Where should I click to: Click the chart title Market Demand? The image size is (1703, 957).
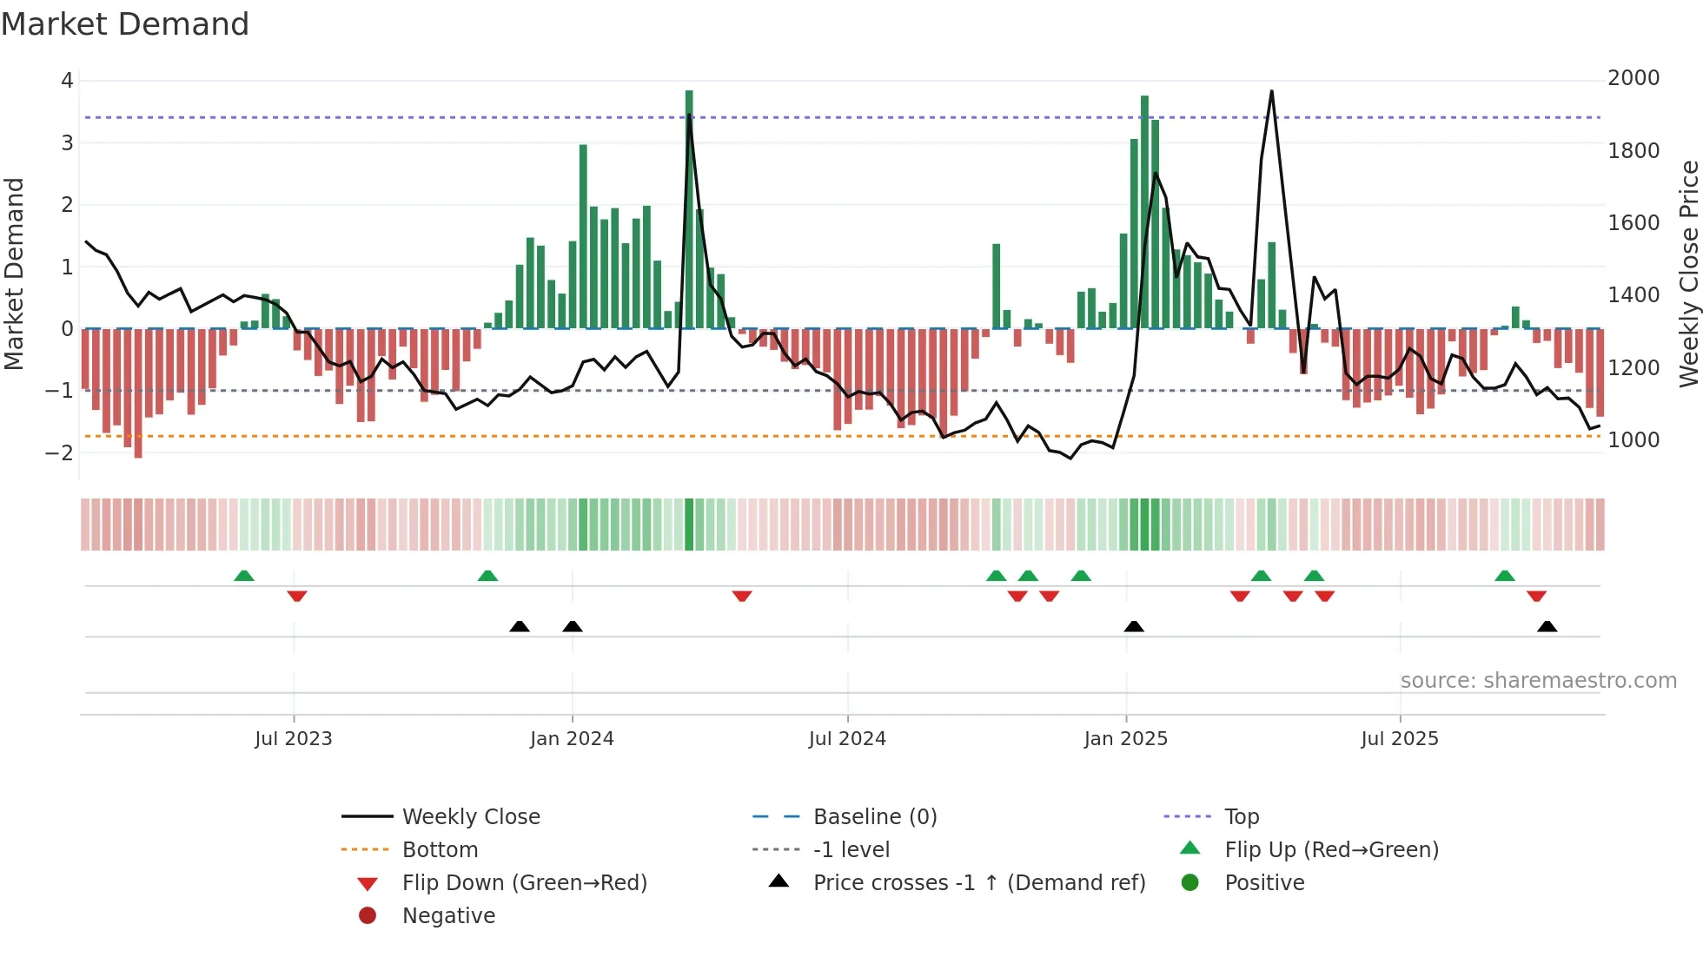pos(125,24)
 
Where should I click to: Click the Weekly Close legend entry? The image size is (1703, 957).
pos(470,817)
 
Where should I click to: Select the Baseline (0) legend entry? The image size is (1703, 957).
pos(874,817)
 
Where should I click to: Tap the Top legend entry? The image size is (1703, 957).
pos(1241,817)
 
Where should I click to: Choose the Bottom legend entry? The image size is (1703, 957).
pos(440,850)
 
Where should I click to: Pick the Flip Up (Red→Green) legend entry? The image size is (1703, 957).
pos(1331,850)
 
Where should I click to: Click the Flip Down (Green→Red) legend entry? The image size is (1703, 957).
pos(524,883)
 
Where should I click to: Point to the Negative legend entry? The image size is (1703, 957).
pos(448,916)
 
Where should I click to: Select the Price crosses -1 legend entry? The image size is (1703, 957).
pos(978,883)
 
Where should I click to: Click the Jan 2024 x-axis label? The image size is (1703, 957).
pos(572,739)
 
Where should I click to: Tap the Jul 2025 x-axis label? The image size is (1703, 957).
pos(1400,739)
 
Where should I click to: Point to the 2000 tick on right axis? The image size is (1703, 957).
pos(1633,78)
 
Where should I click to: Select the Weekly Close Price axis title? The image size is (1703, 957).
pos(1688,274)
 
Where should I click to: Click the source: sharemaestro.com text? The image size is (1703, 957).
pos(1538,681)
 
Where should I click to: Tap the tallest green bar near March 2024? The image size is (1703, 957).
pos(689,208)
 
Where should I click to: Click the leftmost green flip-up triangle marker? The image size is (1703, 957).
pos(244,576)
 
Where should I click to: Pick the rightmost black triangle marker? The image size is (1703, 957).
pos(1547,626)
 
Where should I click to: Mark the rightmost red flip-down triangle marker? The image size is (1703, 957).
pos(1536,596)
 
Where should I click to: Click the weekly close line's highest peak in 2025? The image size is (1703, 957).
pos(1271,91)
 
